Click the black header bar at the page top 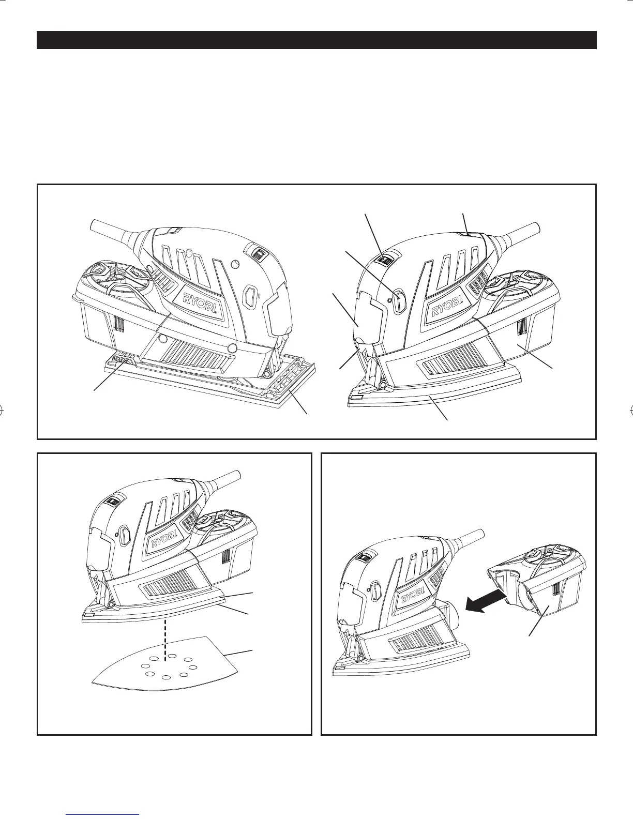coord(317,40)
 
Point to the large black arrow coord(485,601)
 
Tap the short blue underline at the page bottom coord(103,815)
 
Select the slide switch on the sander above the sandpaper coord(113,501)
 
